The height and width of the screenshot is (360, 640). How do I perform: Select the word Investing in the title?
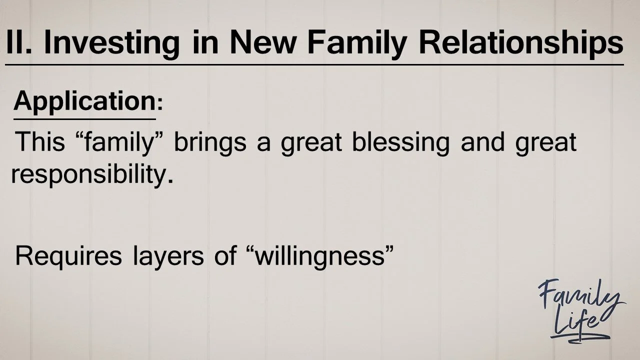coord(111,42)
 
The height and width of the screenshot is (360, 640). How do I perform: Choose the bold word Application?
coord(84,102)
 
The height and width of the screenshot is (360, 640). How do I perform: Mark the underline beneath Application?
coord(84,119)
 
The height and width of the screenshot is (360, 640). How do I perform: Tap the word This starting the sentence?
coord(40,142)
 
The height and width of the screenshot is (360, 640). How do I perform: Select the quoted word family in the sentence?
coord(123,143)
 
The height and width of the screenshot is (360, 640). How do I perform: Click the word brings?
coord(210,143)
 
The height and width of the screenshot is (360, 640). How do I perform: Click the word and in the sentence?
coord(479,142)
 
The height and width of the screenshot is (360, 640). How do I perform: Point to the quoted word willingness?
coord(318,256)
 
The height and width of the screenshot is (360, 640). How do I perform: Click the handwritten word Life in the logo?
coord(575,323)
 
